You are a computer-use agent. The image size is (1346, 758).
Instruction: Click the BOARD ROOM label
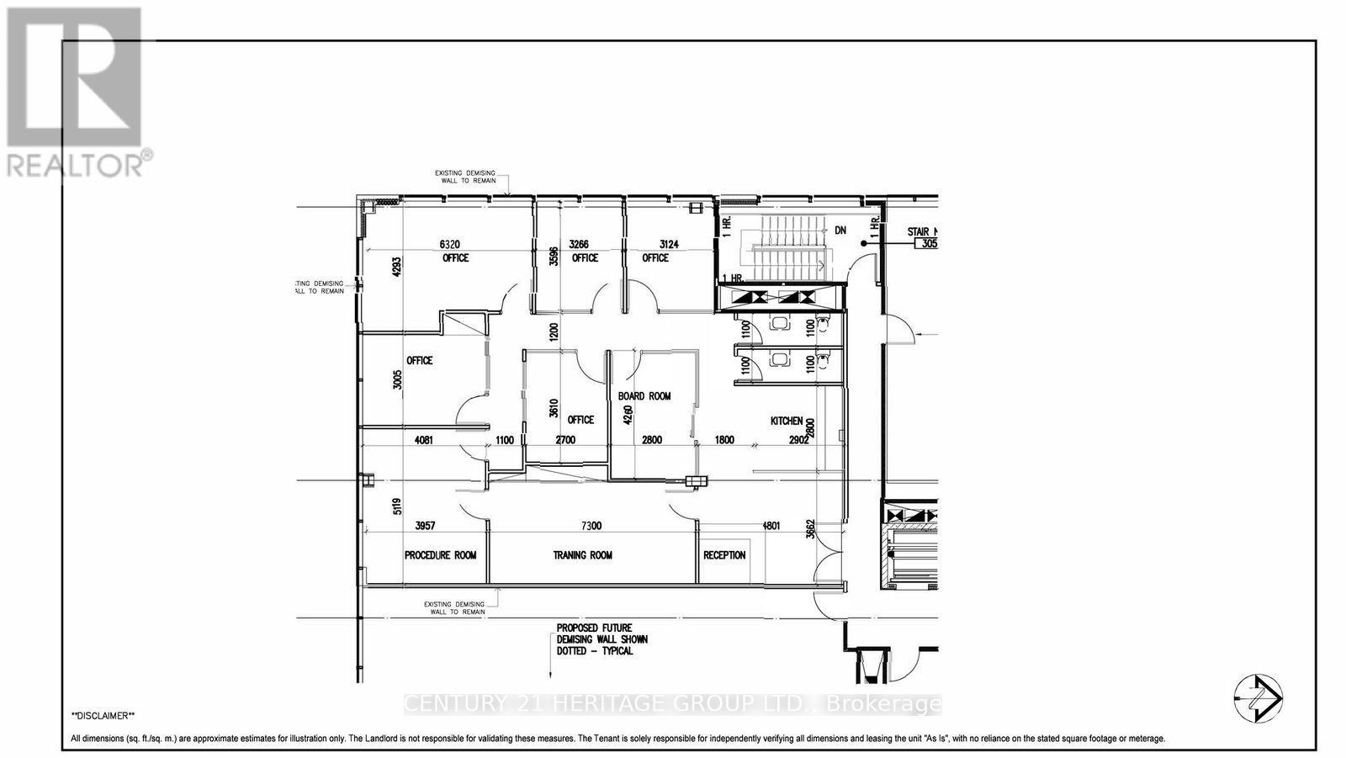(x=644, y=396)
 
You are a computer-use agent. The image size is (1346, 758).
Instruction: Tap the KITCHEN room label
(x=787, y=421)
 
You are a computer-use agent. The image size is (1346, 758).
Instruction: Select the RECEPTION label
(x=724, y=555)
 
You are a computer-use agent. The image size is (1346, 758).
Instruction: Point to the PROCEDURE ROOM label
(x=440, y=555)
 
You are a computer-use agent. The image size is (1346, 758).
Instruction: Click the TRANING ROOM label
(x=582, y=555)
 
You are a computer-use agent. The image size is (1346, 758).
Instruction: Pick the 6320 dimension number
(x=453, y=244)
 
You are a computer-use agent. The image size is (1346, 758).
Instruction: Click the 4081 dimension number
(x=428, y=439)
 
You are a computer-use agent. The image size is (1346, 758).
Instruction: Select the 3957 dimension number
(x=426, y=526)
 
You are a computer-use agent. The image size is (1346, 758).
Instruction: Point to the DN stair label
(x=840, y=230)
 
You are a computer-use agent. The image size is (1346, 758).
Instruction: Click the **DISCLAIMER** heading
(x=103, y=716)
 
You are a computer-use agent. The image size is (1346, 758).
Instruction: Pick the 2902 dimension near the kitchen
(x=798, y=439)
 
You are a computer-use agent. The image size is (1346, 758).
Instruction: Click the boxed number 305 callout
(x=928, y=244)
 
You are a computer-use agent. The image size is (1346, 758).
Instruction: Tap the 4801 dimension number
(x=771, y=526)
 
